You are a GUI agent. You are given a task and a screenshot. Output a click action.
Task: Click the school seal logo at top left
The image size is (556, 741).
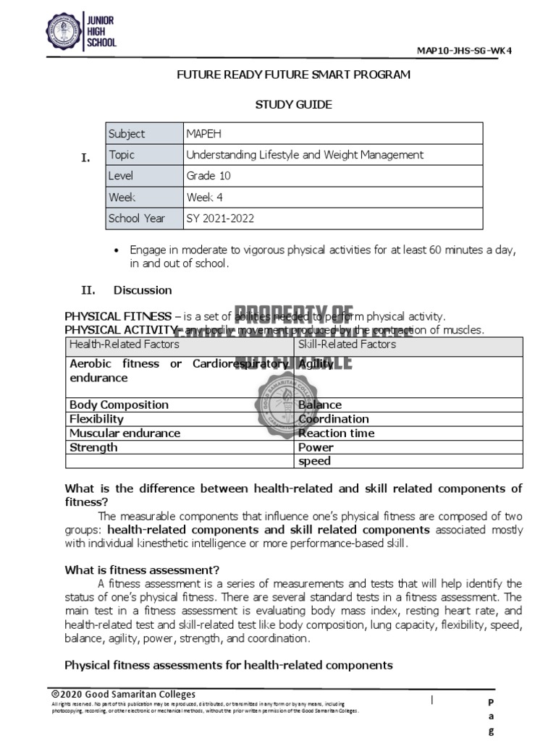pyautogui.click(x=64, y=33)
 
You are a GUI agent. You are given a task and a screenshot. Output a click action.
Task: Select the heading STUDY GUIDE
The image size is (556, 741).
pyautogui.click(x=293, y=104)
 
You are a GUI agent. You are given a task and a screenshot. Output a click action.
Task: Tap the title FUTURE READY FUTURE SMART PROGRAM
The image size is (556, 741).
pyautogui.click(x=293, y=75)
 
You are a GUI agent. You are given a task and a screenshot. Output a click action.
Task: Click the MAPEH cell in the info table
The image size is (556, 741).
pyautogui.click(x=201, y=134)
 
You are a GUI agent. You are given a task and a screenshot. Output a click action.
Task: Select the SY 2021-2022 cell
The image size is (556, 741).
pyautogui.click(x=221, y=218)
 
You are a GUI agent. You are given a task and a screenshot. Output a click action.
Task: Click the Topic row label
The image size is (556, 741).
pyautogui.click(x=122, y=155)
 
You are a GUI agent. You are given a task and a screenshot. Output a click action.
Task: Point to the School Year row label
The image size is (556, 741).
pyautogui.click(x=137, y=218)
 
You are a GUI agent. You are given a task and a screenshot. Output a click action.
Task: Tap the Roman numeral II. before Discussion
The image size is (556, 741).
pyautogui.click(x=88, y=290)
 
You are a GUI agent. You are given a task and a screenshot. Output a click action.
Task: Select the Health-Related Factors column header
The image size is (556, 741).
pyautogui.click(x=124, y=344)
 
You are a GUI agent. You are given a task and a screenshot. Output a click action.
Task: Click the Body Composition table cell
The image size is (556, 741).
pyautogui.click(x=119, y=405)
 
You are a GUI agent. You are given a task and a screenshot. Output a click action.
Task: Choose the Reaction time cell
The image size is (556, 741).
pyautogui.click(x=336, y=433)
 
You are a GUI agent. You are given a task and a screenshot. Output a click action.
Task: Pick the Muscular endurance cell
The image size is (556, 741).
pyautogui.click(x=125, y=433)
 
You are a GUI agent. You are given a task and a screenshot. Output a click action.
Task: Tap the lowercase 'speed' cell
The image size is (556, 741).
pyautogui.click(x=314, y=461)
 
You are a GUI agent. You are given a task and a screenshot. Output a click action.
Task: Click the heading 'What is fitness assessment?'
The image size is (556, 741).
pyautogui.click(x=142, y=569)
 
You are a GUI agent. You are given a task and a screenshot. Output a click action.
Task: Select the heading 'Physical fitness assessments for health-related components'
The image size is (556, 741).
pyautogui.click(x=229, y=665)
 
